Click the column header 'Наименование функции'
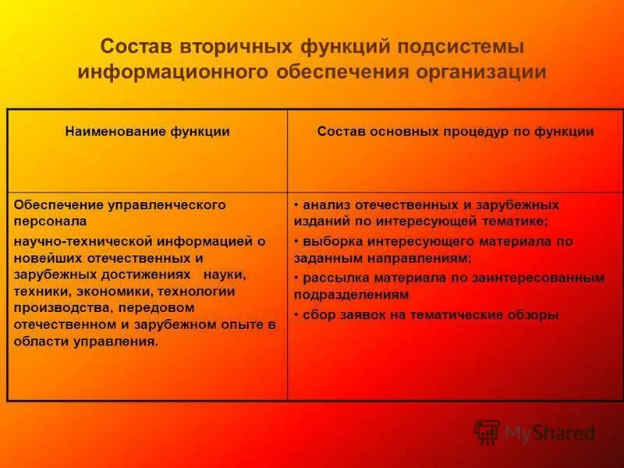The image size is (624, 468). tap(147, 132)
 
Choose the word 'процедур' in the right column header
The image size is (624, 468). tap(471, 132)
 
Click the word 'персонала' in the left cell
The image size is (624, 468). tap(45, 222)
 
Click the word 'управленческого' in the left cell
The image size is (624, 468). tap(160, 204)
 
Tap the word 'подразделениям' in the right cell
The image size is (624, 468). tap(351, 295)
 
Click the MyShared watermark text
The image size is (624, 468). tap(549, 432)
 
